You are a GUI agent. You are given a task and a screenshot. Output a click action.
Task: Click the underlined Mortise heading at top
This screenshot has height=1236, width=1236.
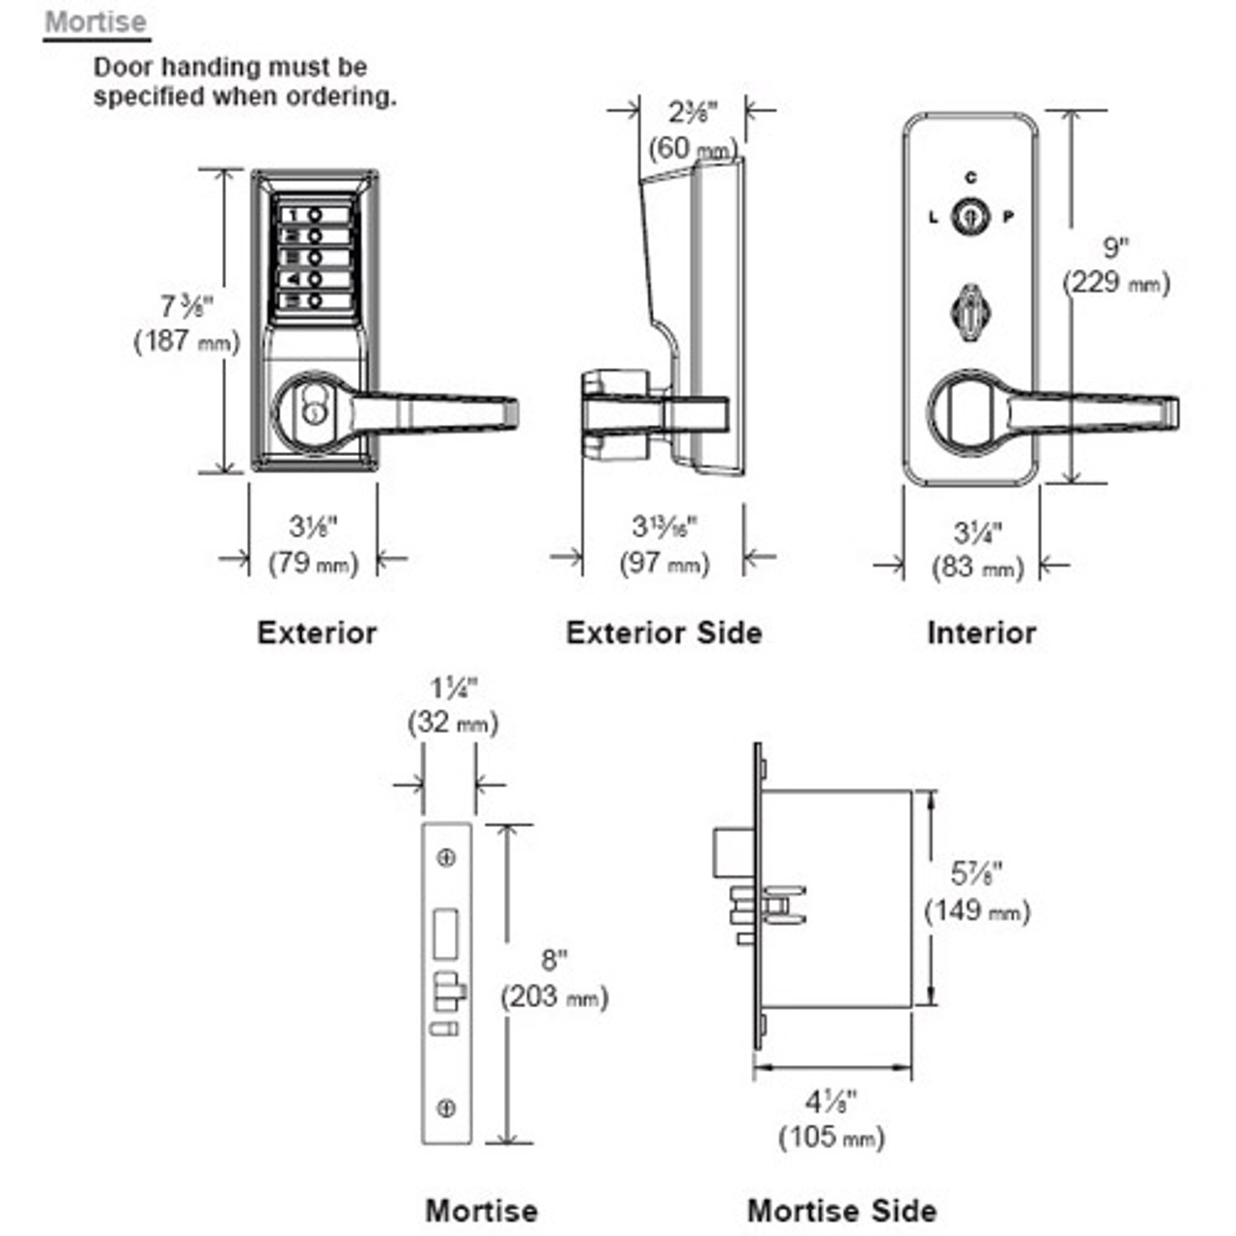click(96, 22)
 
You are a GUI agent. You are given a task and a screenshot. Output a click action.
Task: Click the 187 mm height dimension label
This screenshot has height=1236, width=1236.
click(185, 341)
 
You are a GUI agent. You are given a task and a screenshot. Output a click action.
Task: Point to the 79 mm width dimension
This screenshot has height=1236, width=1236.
click(313, 562)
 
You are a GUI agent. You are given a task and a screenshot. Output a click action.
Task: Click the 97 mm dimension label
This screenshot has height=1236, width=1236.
click(664, 563)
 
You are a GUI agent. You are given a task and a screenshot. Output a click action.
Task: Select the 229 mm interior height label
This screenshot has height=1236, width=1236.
click(1116, 283)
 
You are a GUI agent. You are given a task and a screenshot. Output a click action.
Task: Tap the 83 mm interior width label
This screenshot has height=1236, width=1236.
click(977, 567)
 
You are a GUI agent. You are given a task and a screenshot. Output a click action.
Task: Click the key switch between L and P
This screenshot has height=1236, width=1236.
click(969, 217)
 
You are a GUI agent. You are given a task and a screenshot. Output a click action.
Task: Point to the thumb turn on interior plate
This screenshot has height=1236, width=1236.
click(969, 310)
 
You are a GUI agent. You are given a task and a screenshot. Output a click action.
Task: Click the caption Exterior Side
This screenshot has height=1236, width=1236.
click(664, 633)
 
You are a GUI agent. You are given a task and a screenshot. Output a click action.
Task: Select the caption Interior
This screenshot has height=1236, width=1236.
click(981, 633)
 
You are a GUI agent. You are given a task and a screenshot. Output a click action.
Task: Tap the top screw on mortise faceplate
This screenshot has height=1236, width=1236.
click(446, 857)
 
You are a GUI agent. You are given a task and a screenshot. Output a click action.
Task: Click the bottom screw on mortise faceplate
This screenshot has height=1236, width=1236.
click(446, 1109)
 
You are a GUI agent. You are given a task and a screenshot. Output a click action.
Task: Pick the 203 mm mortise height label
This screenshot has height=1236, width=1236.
click(554, 997)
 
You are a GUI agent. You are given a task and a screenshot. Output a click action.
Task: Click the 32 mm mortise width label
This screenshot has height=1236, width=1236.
click(453, 722)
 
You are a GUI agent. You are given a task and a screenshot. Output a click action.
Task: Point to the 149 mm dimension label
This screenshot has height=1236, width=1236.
click(977, 911)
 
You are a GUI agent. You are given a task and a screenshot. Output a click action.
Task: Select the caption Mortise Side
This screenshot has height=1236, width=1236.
click(842, 1211)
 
